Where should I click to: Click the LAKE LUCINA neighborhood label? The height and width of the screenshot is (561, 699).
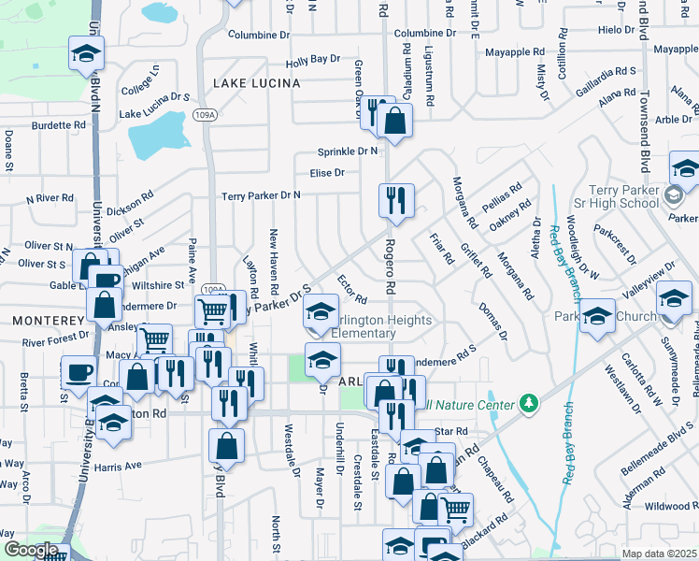[256, 83]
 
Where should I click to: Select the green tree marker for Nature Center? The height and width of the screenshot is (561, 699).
[530, 403]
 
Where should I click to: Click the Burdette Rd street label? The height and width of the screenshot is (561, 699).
[59, 124]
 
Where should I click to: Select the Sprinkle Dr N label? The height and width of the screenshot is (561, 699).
[347, 151]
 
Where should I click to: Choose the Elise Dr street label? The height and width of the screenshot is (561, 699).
[327, 173]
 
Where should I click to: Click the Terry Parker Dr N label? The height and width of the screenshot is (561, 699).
[261, 195]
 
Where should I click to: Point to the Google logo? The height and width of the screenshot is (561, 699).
[31, 550]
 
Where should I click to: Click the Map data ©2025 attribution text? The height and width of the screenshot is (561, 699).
[660, 554]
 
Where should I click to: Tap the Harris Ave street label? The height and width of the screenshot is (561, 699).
[117, 465]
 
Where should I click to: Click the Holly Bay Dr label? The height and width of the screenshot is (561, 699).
[312, 60]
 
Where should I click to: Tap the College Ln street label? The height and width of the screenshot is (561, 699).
[140, 82]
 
